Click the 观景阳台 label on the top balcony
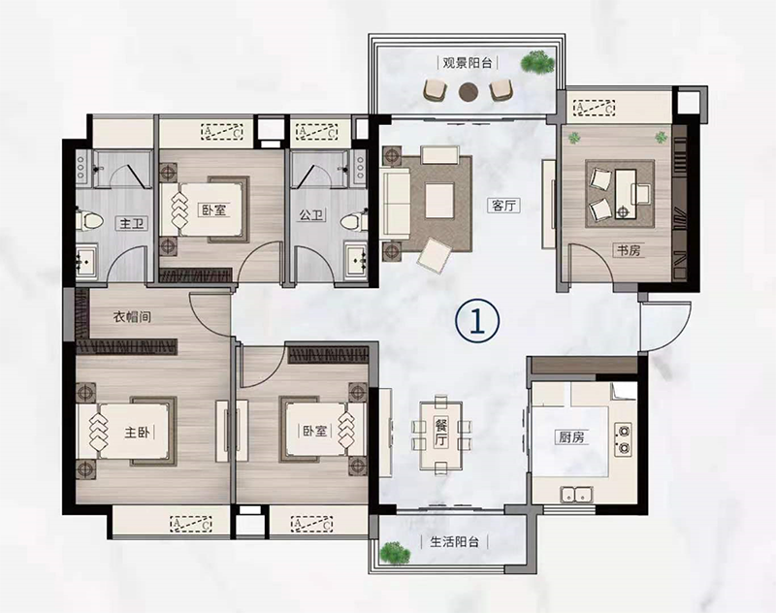468,63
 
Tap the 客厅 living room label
503,205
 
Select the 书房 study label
629,250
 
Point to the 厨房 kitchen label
571,437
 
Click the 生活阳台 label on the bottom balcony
454,541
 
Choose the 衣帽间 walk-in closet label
132,316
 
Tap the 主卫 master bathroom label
132,224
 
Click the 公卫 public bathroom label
311,214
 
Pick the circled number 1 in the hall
477,321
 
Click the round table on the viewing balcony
468,91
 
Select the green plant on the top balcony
537,62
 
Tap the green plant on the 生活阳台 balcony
395,553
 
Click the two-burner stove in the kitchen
623,439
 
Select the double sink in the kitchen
576,494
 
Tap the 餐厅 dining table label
441,432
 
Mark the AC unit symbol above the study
594,107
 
